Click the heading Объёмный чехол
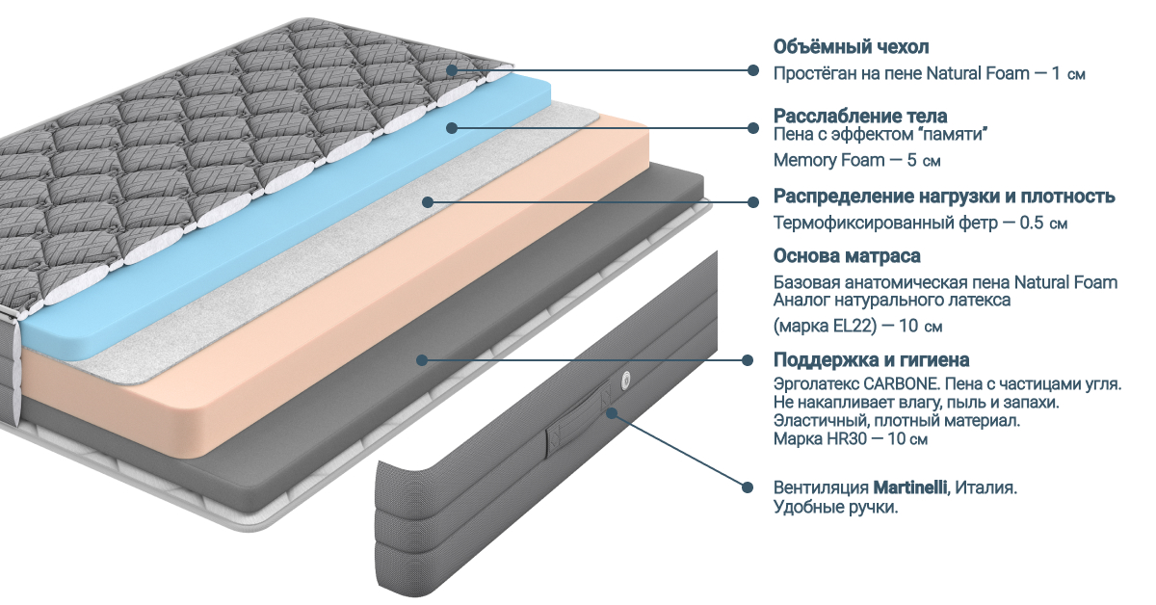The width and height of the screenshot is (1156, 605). coord(851,47)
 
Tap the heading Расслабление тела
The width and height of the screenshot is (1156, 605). coord(860,117)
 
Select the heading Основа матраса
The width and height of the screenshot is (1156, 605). coord(847,256)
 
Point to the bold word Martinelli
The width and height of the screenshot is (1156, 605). coord(910,488)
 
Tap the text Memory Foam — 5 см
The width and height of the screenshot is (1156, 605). coord(856,160)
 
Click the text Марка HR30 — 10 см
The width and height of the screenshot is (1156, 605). coord(850,439)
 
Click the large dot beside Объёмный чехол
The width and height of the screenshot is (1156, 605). coord(753,70)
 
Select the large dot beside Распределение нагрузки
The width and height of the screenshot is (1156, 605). coord(753,201)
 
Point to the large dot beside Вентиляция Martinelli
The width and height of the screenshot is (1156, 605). coord(748,487)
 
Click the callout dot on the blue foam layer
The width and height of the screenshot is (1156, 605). coord(451,127)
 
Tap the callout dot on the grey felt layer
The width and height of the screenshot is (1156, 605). coord(426,201)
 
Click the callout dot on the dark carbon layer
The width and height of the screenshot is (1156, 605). coord(421,360)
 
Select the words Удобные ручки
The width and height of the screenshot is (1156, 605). coord(835,508)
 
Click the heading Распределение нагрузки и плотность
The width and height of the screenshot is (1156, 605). coord(944,197)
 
